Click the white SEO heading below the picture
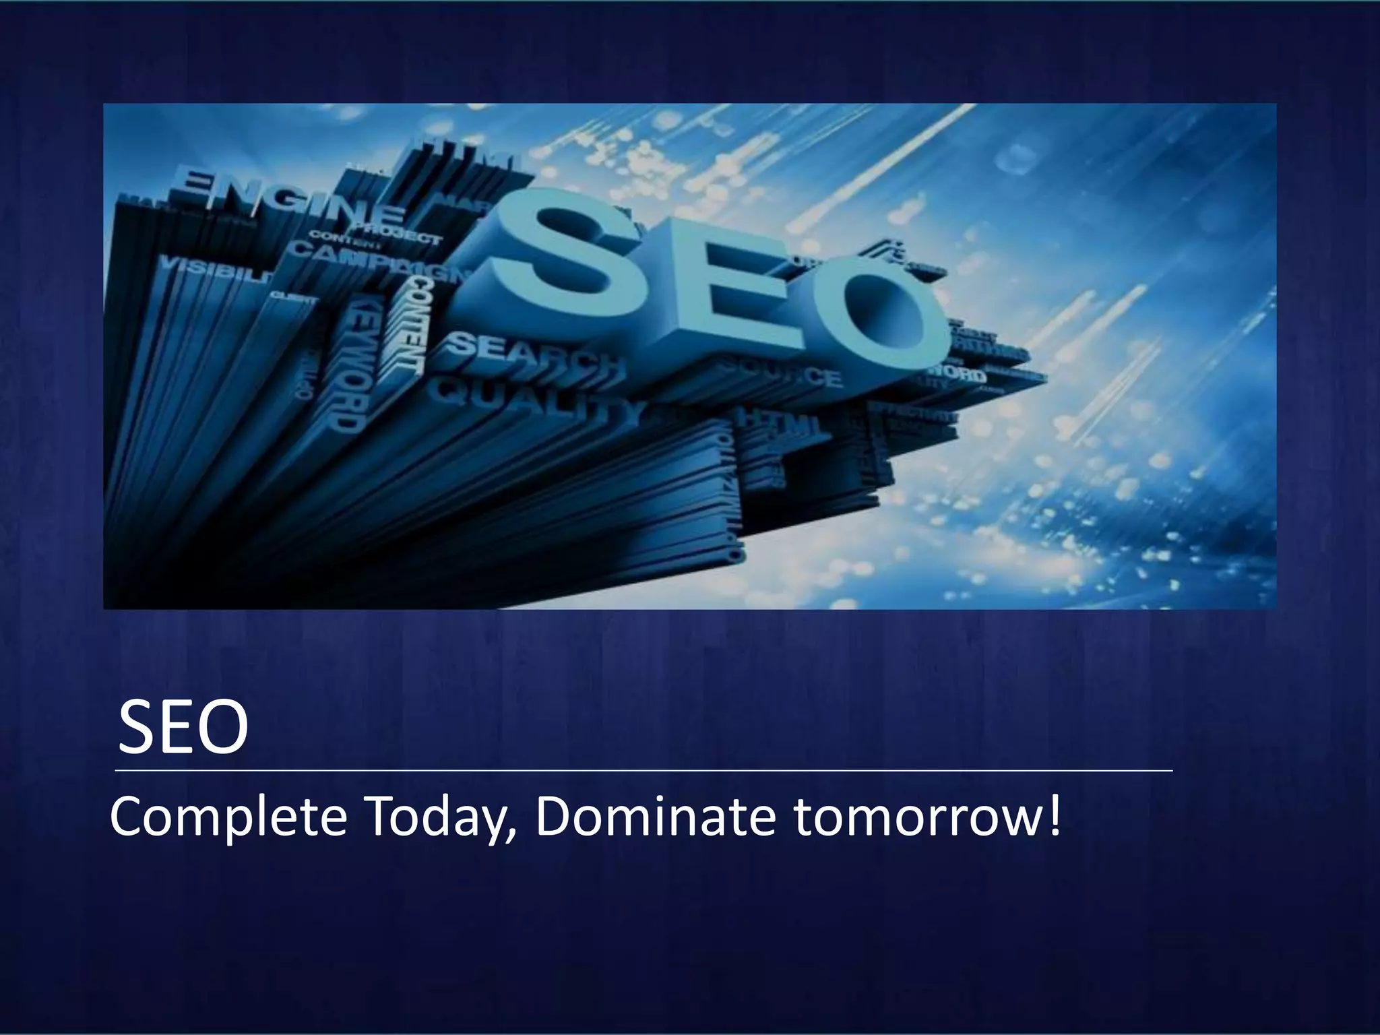pos(183,728)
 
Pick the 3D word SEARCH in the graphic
pos(536,353)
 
